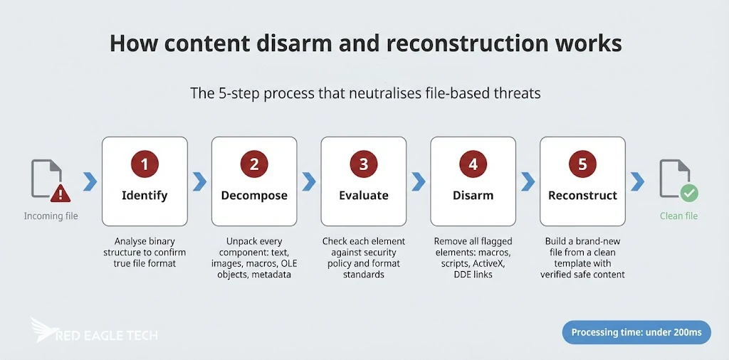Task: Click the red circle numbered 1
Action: [145, 164]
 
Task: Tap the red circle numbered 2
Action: [254, 164]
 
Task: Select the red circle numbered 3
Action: [364, 164]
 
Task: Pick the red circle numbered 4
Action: [473, 164]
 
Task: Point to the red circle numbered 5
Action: [582, 164]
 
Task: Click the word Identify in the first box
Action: [145, 196]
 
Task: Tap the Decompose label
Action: [254, 196]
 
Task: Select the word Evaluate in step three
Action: [364, 196]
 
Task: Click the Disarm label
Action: [473, 196]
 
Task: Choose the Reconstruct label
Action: [582, 196]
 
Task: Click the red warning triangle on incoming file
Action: [61, 192]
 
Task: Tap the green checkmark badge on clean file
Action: [688, 192]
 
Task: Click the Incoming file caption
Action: [51, 216]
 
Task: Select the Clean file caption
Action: [678, 216]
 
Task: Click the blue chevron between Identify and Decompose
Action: [199, 181]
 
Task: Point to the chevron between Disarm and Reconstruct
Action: [528, 181]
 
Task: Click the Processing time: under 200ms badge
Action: [636, 332]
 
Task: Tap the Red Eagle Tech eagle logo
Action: [45, 330]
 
